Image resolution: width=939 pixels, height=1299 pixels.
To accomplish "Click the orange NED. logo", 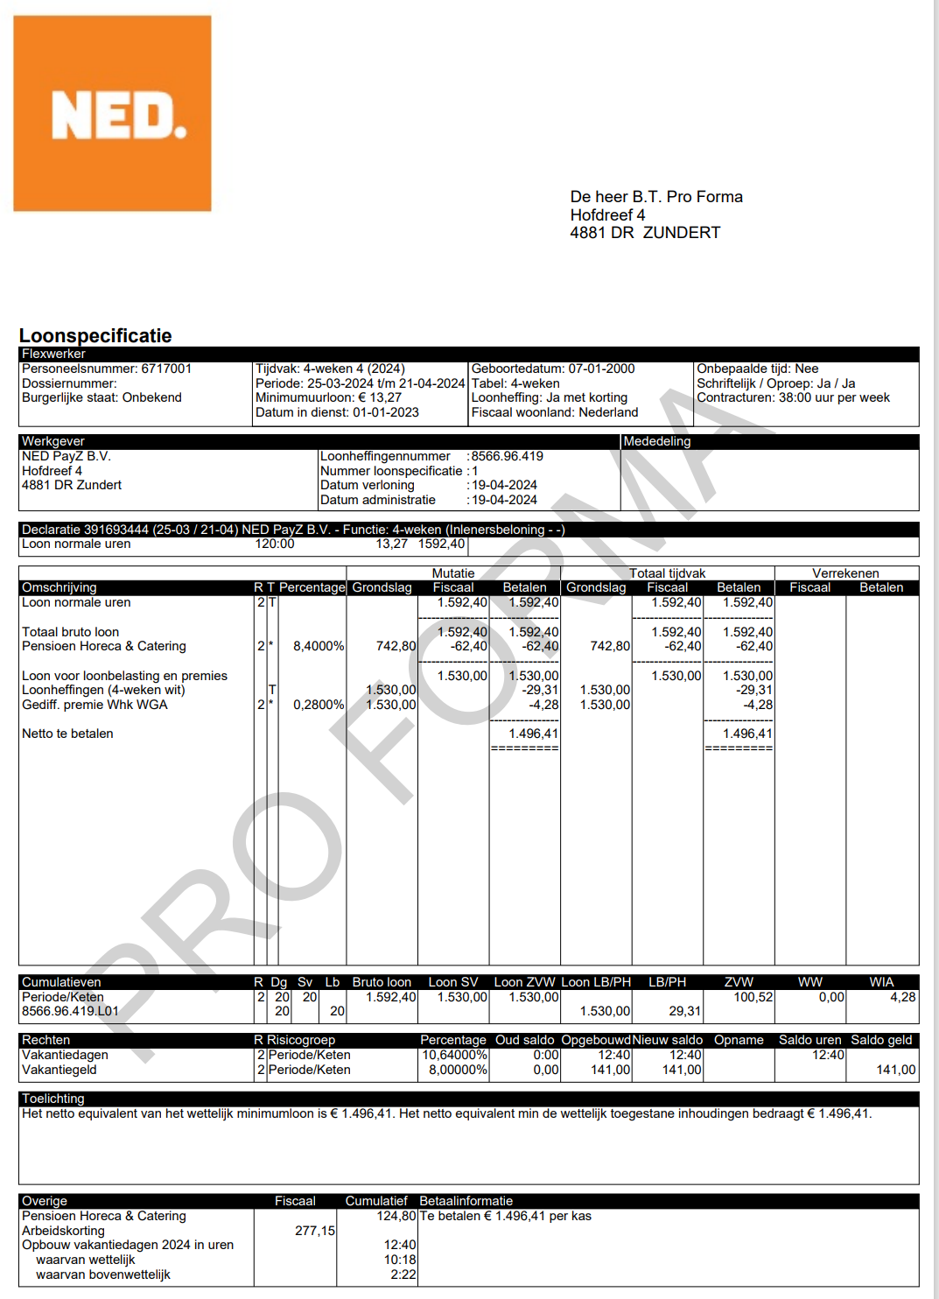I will [112, 113].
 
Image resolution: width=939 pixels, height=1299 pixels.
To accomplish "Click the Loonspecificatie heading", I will [95, 335].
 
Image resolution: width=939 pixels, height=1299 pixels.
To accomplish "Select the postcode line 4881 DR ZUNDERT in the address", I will [645, 233].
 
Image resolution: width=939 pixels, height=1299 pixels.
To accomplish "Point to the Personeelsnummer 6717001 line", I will [107, 369].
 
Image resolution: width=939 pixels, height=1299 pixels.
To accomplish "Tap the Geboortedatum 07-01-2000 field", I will [553, 369].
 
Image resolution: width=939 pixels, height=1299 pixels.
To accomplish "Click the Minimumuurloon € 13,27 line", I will [328, 397].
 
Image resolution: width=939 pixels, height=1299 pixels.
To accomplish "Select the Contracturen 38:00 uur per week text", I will [793, 397].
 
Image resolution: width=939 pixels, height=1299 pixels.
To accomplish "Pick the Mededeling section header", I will [656, 441].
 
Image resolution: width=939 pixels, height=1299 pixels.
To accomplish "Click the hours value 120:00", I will [275, 544].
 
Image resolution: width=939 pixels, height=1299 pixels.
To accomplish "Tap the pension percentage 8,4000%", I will [319, 646].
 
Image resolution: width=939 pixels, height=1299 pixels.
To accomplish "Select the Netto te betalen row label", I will [67, 734].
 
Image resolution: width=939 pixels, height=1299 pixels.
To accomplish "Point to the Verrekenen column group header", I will [845, 573].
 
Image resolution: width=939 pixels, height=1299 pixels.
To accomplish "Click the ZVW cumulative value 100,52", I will [753, 997].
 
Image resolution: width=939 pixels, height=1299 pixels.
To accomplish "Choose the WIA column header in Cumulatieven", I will [881, 982].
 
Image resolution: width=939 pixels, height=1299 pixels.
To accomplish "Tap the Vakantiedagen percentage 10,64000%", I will [454, 1055].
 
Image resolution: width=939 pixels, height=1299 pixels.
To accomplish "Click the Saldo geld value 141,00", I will [895, 1070].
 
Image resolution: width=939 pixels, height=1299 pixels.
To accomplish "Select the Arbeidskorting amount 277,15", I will [314, 1231].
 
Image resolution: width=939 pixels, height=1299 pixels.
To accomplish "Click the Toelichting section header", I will [53, 1099].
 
